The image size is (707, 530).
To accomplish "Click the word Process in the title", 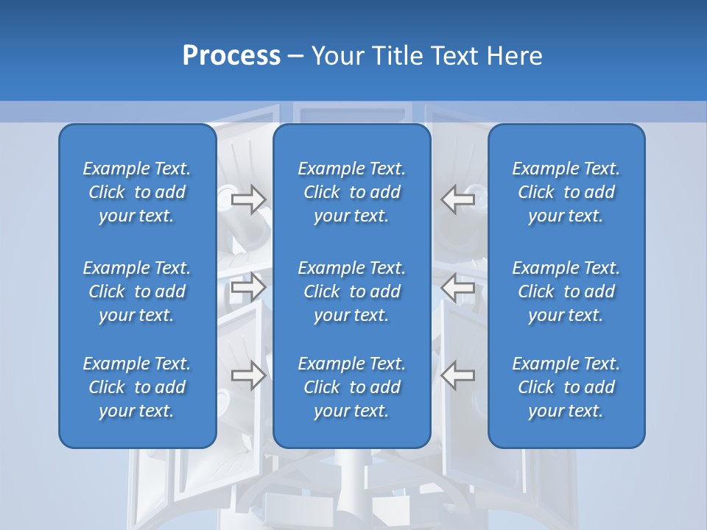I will pyautogui.click(x=231, y=56).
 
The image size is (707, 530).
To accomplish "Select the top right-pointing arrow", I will pyautogui.click(x=248, y=199).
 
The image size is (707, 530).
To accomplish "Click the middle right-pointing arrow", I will pyautogui.click(x=248, y=287).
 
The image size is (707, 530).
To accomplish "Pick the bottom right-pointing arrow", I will pyautogui.click(x=248, y=375).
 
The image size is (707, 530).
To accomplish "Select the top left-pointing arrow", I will pyautogui.click(x=457, y=199).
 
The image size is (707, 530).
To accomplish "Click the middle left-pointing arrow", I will pyautogui.click(x=457, y=287).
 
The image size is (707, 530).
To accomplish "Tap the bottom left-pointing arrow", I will pyautogui.click(x=457, y=375).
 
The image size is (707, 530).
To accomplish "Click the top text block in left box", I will pyautogui.click(x=137, y=192).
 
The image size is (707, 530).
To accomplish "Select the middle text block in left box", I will pyautogui.click(x=137, y=291).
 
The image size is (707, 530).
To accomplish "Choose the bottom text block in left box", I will pyautogui.click(x=137, y=387).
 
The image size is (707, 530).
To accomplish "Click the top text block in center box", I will pyautogui.click(x=351, y=192).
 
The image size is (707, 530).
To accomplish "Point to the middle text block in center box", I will pyautogui.click(x=351, y=291).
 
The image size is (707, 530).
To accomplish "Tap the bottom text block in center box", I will pyautogui.click(x=351, y=387).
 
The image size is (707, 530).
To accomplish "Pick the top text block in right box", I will pyautogui.click(x=566, y=192).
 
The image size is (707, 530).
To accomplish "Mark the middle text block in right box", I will pyautogui.click(x=566, y=291).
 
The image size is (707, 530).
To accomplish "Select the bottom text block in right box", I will pyautogui.click(x=566, y=387).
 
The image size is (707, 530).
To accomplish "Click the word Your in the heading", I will pyautogui.click(x=337, y=56).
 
